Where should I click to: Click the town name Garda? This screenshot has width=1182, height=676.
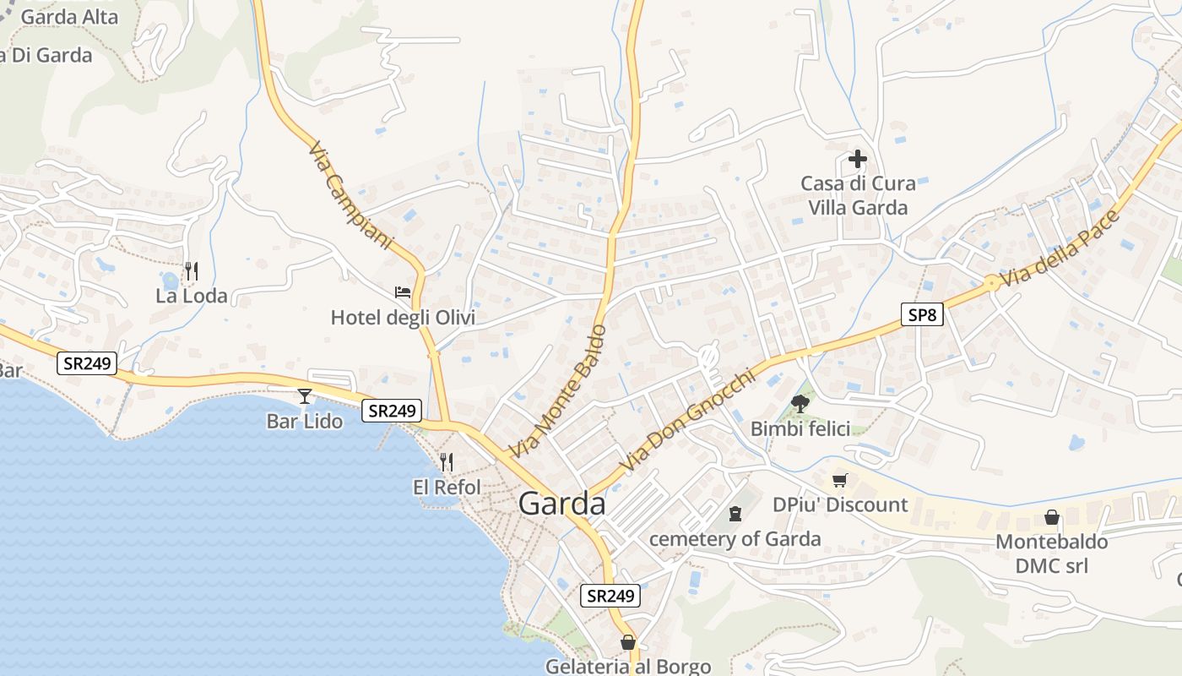click(562, 504)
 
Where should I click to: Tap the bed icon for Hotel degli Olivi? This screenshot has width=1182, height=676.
click(403, 292)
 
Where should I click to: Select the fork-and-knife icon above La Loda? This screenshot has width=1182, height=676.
click(192, 271)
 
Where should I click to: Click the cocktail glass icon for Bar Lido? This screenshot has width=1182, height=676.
click(305, 395)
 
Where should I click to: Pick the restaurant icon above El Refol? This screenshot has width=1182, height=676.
click(447, 462)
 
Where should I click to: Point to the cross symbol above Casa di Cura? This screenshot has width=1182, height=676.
click(858, 158)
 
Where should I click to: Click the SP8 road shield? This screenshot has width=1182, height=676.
click(921, 315)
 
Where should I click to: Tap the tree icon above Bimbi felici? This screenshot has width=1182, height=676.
click(800, 404)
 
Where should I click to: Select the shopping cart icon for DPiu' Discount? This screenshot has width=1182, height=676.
click(839, 481)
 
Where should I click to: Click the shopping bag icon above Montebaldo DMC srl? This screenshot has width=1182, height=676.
click(1052, 516)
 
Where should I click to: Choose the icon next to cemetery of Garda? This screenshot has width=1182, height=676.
click(735, 513)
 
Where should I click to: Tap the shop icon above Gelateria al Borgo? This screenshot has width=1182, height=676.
click(628, 642)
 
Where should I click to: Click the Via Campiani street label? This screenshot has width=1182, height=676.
click(350, 196)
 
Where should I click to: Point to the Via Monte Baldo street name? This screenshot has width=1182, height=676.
click(557, 391)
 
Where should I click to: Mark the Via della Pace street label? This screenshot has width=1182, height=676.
click(1061, 250)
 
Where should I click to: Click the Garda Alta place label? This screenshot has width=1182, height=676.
click(69, 17)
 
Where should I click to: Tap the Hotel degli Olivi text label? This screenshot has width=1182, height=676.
click(403, 318)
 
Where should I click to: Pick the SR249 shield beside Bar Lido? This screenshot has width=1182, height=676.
click(392, 411)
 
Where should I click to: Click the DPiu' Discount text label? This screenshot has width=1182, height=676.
click(840, 504)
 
